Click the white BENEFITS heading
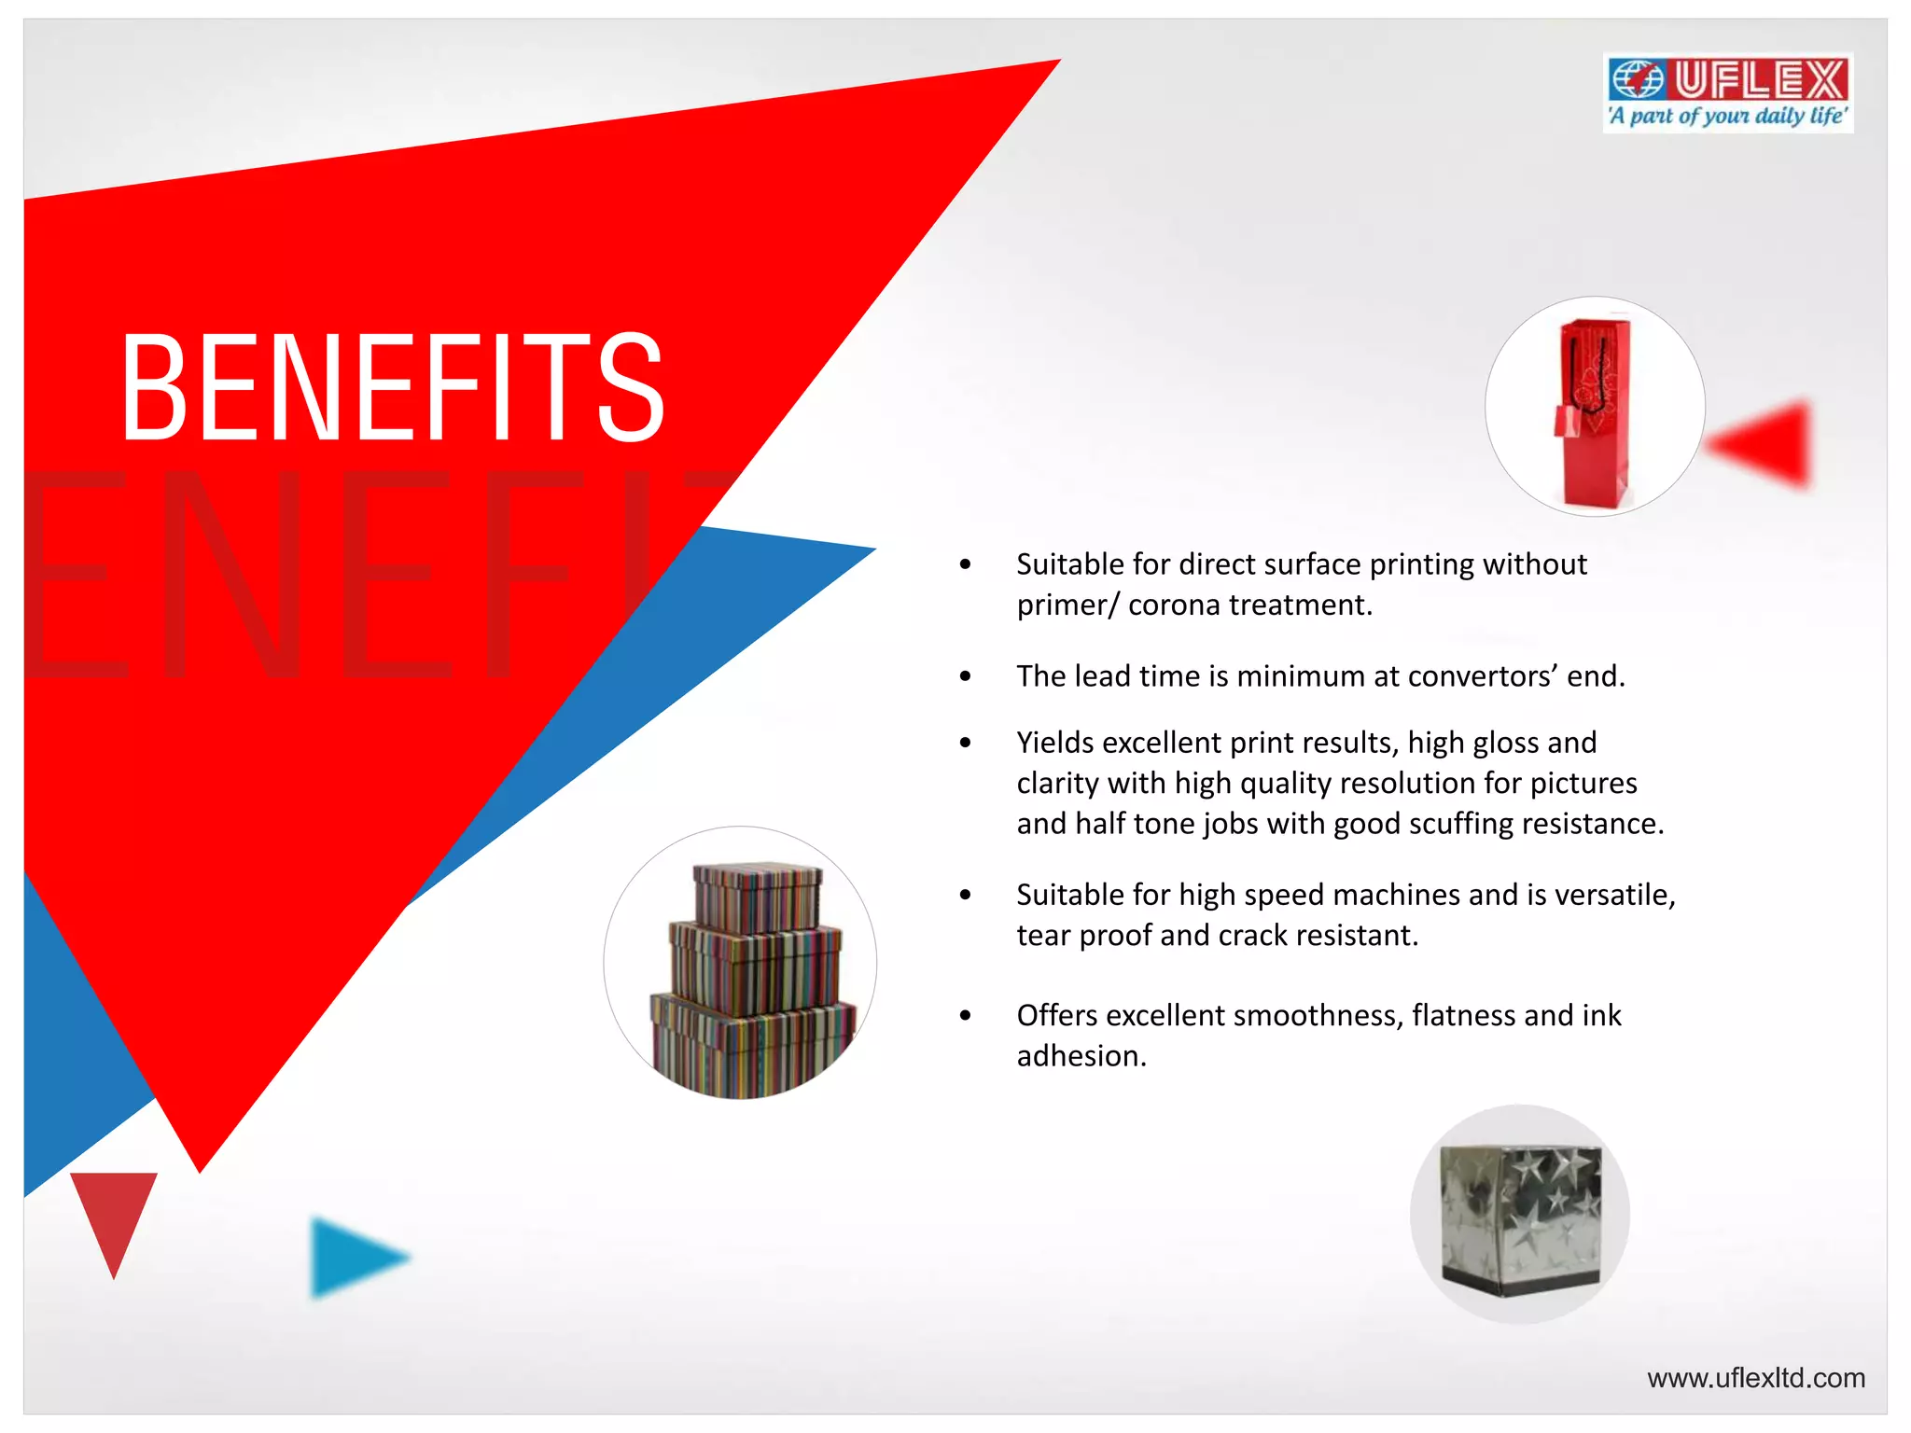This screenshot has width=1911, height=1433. click(x=393, y=386)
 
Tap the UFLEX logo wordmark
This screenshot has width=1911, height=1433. click(x=1760, y=79)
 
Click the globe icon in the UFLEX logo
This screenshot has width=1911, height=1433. click(x=1638, y=79)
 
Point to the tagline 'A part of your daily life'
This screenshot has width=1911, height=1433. click(x=1727, y=117)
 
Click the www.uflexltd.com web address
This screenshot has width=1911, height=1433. click(x=1755, y=1378)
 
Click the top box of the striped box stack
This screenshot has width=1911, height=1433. click(x=757, y=896)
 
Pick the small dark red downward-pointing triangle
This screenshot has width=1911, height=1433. click(x=114, y=1213)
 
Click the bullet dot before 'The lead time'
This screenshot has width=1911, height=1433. click(x=965, y=676)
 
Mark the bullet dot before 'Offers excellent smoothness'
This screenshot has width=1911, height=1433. click(x=965, y=1015)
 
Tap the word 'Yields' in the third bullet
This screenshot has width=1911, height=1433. click(x=1054, y=743)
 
